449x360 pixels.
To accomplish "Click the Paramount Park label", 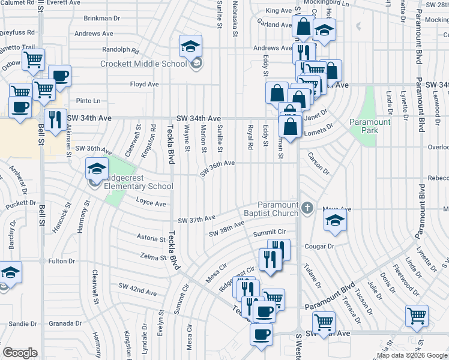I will point(370,126).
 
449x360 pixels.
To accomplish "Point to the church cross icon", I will point(307,208).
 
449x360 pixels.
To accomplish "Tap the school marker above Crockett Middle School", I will point(190,46).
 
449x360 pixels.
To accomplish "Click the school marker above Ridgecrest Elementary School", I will point(96,168).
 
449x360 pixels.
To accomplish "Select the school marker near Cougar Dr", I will point(336,221).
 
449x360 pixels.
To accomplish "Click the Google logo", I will point(20,353).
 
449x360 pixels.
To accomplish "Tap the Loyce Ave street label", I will point(151,203).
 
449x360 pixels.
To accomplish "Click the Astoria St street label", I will point(150,238).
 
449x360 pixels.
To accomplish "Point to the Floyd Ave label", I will point(144,85).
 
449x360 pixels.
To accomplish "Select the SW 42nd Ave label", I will point(137,290).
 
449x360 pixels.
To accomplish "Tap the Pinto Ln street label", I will point(88,101).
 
